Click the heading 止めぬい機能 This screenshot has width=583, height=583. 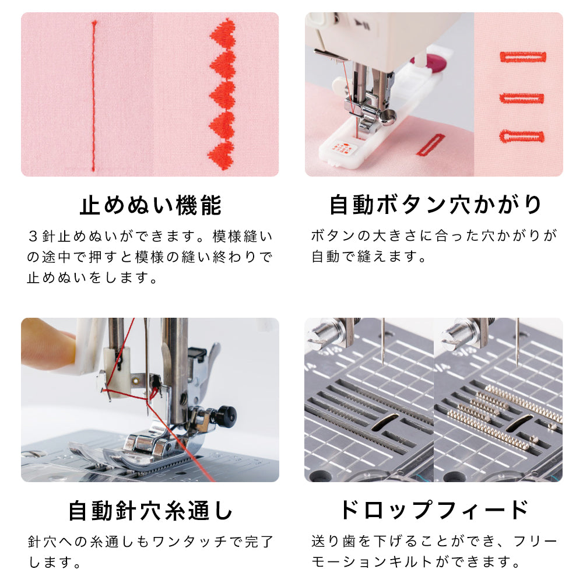coord(150,205)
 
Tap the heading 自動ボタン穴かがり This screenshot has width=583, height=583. coord(435,205)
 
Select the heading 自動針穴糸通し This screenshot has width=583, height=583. coord(150,511)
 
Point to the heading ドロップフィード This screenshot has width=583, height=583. coord(434,510)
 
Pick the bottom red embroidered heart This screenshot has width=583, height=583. coord(222,156)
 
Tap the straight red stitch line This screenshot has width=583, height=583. coord(94,96)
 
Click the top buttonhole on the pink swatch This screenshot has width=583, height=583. coord(523,57)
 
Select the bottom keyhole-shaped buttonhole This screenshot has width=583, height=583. coord(522,136)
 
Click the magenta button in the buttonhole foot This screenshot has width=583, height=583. coord(432,62)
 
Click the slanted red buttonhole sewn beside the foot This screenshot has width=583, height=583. coord(431,145)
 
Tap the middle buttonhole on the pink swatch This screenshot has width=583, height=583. coord(521,98)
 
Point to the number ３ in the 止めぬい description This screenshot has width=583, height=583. coord(33,237)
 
